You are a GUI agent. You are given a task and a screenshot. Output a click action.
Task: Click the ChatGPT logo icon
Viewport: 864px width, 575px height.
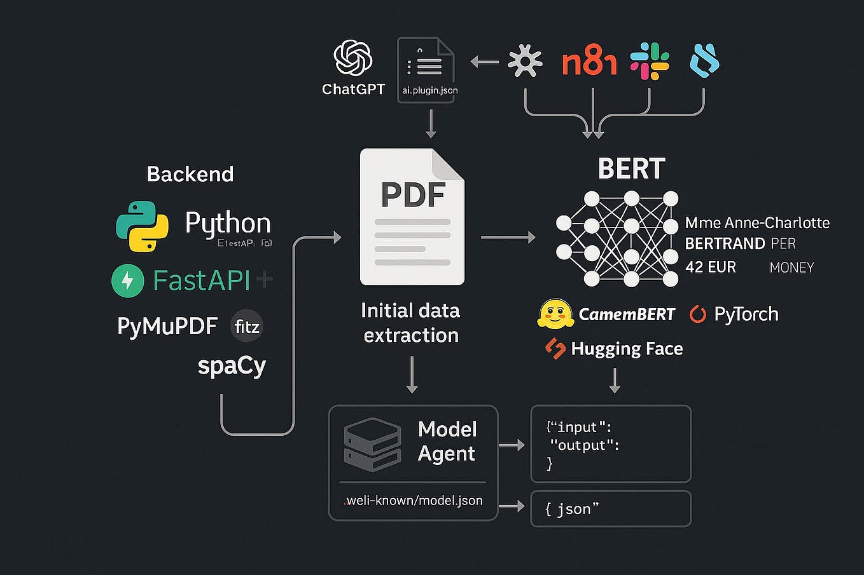coord(353,58)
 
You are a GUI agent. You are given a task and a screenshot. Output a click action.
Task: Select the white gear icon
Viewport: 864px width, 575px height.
coord(525,62)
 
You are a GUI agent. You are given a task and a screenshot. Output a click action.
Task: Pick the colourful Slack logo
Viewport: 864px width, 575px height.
coord(650,61)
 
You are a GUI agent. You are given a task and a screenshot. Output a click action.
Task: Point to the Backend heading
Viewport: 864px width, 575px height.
coord(190,174)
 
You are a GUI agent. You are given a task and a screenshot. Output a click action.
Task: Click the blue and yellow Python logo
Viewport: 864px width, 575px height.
coord(143,227)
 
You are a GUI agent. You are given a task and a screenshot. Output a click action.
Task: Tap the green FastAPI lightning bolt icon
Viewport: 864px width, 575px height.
coord(128,280)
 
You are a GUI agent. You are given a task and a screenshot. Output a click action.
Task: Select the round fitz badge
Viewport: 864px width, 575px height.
coord(247,327)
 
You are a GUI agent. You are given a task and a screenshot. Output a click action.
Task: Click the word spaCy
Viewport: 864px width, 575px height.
coord(232,366)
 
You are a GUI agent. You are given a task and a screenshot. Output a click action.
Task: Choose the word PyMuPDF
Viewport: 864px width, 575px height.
coord(167,326)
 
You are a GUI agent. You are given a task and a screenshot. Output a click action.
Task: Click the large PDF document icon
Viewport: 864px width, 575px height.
coord(412,217)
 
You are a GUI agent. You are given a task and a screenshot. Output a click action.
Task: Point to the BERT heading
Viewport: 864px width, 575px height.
coord(631,169)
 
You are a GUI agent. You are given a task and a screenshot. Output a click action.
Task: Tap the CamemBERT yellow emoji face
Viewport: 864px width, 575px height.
coord(555,314)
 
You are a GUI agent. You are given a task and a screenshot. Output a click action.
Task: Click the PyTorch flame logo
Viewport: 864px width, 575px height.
coord(698,314)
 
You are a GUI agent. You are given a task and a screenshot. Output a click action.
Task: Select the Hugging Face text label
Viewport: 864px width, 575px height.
coord(627,349)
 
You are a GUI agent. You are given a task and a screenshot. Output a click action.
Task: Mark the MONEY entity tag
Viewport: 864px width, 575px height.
coord(791,267)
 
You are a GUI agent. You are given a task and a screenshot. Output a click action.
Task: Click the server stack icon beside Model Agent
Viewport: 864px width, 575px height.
coord(372,444)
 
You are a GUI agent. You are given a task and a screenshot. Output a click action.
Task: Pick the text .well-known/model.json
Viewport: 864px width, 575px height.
coord(414,501)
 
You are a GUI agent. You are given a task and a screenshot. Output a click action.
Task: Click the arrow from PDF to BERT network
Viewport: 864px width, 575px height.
coord(508,238)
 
